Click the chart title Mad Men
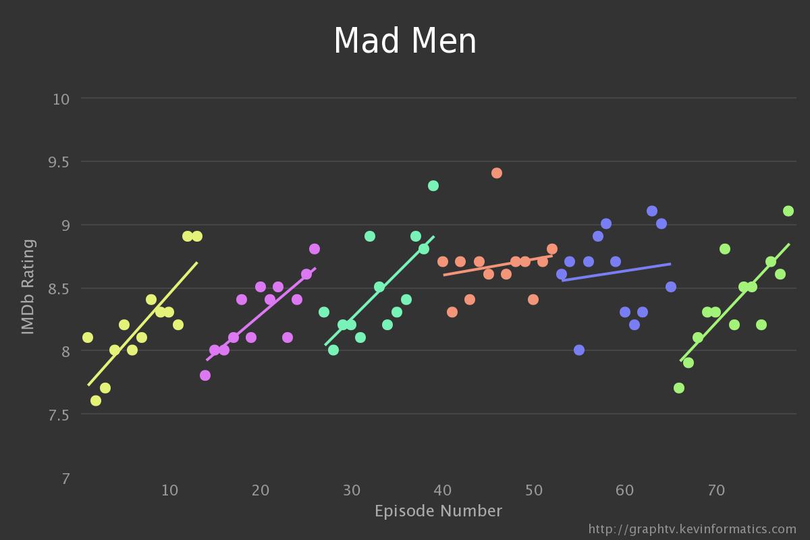[405, 41]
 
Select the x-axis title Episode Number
[438, 511]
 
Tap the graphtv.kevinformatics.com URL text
[692, 529]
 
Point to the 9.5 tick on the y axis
[61, 162]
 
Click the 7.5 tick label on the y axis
[61, 414]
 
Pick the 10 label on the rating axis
[61, 99]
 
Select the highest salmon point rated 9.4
[497, 173]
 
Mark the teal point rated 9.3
[433, 186]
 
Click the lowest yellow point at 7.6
[96, 401]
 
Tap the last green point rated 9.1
[788, 211]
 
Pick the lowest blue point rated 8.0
[579, 350]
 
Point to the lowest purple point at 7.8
[205, 375]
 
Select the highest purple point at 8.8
[315, 249]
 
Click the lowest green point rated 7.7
[679, 388]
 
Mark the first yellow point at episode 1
[88, 337]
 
